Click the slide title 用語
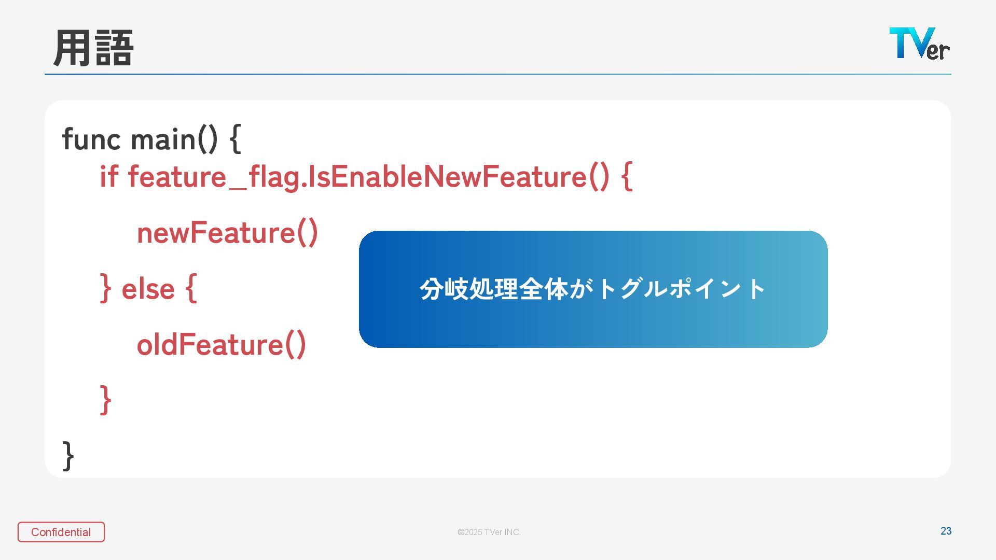click(x=93, y=48)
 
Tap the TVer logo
click(x=919, y=44)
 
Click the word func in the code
click(x=91, y=139)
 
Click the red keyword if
click(x=108, y=176)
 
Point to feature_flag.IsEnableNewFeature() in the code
click(x=368, y=177)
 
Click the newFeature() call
click(x=227, y=233)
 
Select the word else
click(x=148, y=289)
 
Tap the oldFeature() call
click(x=222, y=345)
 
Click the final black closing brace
click(x=68, y=456)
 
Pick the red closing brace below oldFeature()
click(x=105, y=400)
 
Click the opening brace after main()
click(x=235, y=139)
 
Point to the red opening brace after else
click(x=191, y=288)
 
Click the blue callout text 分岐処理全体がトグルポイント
click(x=592, y=289)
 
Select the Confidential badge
click(x=61, y=532)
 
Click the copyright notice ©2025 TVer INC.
click(x=489, y=533)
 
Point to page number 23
click(x=946, y=531)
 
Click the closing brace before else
click(x=105, y=288)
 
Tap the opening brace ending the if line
click(x=627, y=176)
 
